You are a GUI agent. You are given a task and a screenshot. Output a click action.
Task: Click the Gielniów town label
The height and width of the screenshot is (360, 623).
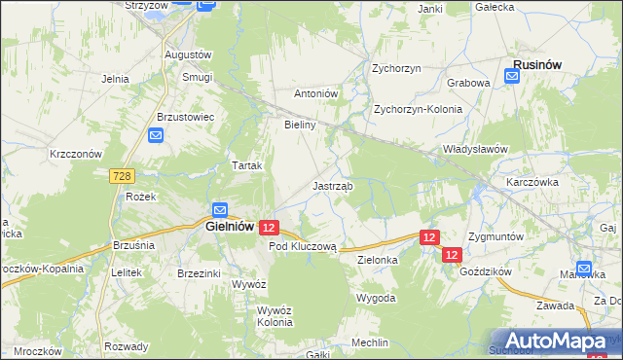(231, 226)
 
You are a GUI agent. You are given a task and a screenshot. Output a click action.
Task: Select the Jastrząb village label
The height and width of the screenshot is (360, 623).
(333, 185)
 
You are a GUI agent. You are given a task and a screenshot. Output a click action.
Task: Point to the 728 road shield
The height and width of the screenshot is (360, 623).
(122, 175)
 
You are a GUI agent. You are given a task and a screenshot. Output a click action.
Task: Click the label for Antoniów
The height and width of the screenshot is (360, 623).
(315, 93)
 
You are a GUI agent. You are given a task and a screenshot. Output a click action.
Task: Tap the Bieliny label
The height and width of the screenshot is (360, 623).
(301, 126)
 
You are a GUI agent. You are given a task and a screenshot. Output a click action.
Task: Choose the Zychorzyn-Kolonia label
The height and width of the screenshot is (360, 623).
(418, 110)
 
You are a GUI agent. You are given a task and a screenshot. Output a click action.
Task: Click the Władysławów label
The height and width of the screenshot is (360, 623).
(476, 149)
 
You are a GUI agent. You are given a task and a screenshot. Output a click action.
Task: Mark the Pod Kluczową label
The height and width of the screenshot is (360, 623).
(302, 247)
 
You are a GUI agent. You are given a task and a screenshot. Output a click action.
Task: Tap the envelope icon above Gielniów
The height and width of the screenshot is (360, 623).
(220, 209)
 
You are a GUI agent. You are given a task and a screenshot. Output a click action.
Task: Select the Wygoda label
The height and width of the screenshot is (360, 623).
(376, 298)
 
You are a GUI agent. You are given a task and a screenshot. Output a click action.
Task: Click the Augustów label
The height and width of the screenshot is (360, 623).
(188, 54)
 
